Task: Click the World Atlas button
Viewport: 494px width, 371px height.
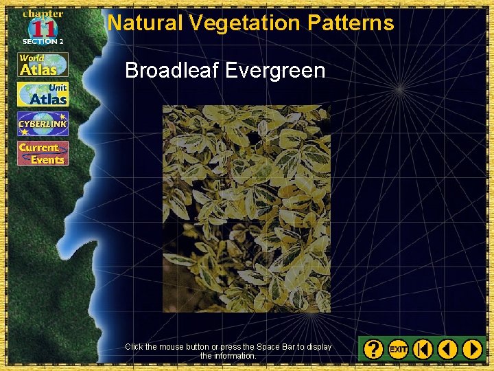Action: (43, 65)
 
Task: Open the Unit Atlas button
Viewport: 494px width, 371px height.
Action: (43, 94)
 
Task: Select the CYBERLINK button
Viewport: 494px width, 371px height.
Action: (43, 124)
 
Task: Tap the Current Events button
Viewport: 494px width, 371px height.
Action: (43, 153)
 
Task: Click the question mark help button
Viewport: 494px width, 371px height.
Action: (373, 349)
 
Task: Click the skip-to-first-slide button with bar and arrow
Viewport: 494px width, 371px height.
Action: (423, 349)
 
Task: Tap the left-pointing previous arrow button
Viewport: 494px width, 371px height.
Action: (447, 349)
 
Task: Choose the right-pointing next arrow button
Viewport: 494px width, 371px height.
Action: (472, 349)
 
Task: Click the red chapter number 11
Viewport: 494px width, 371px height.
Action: (43, 29)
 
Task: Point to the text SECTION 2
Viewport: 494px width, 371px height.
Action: (43, 42)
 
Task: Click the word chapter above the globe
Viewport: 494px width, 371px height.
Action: (43, 14)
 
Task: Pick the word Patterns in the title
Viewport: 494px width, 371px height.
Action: (351, 23)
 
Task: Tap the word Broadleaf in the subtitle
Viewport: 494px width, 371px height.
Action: (172, 71)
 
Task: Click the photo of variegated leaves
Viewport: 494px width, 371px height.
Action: (246, 208)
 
